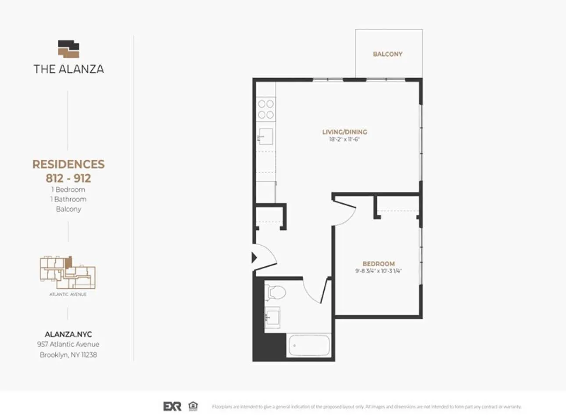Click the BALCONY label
[387, 54]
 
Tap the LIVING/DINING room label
[344, 132]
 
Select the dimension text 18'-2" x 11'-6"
[344, 140]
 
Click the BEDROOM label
[378, 264]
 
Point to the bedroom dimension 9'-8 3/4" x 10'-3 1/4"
[378, 271]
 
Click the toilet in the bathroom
[276, 292]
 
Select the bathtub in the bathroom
[309, 345]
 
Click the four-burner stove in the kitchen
[266, 109]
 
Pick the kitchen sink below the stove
[265, 136]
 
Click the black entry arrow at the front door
[254, 258]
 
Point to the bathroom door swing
[316, 290]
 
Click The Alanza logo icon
[69, 49]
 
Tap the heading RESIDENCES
[68, 164]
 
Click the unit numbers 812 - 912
[68, 178]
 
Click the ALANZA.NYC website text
[68, 334]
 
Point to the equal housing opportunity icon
[193, 406]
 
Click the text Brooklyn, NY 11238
[68, 355]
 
